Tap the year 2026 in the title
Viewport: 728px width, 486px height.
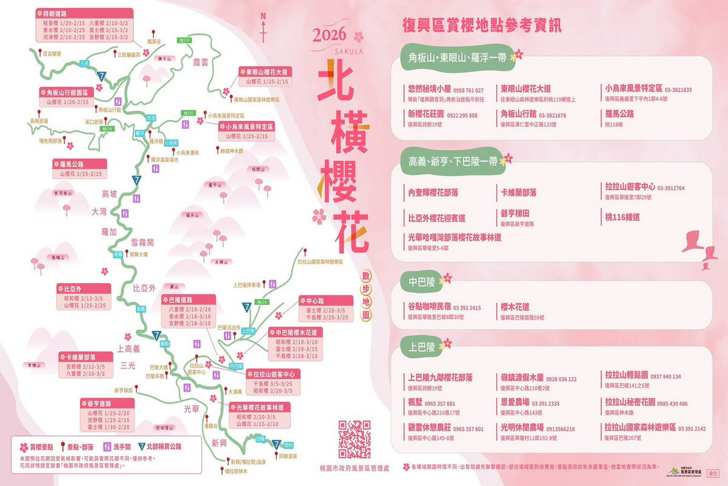coord(329,35)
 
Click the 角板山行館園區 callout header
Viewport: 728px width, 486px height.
coord(67,93)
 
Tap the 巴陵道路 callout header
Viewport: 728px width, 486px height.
coord(189,299)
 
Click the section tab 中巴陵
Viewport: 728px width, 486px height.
coord(423,282)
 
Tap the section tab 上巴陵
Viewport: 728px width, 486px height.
coord(422,347)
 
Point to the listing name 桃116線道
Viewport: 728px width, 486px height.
coord(622,217)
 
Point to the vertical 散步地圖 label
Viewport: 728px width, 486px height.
coord(365,295)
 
